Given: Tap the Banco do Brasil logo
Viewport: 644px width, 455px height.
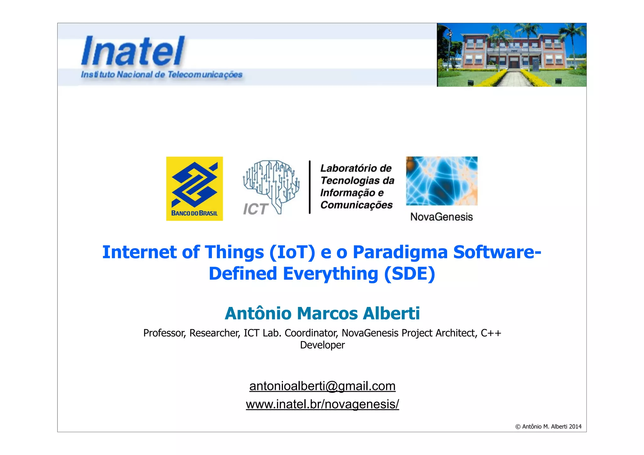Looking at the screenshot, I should (x=194, y=188).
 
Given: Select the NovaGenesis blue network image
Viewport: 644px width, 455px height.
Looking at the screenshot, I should (x=441, y=181).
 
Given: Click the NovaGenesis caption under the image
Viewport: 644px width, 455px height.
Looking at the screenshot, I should (x=441, y=217).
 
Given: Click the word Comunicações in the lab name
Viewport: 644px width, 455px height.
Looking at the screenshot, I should (x=356, y=205).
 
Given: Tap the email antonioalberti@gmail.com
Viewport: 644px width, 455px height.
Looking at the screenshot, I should (x=322, y=386).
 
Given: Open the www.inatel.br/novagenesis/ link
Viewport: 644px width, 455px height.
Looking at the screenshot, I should (x=322, y=404).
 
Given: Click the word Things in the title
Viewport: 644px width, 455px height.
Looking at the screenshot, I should (x=234, y=252).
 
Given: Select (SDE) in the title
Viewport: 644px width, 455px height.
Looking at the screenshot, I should (x=409, y=274).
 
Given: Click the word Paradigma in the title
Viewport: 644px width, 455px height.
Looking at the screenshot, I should (x=400, y=252).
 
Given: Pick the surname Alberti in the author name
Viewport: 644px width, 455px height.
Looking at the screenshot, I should (x=391, y=313).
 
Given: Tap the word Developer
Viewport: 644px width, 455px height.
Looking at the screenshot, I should (x=322, y=345).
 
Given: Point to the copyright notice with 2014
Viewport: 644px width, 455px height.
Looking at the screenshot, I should (x=548, y=426).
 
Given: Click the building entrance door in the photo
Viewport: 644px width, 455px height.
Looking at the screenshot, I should (x=514, y=64).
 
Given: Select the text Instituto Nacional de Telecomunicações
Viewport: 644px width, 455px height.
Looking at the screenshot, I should (x=162, y=75).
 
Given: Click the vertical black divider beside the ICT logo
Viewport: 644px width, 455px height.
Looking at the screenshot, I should (x=310, y=187).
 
